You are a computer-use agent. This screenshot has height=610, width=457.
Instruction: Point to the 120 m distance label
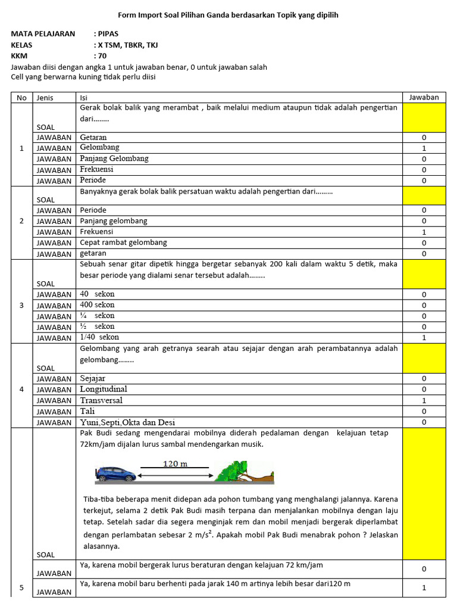(x=175, y=463)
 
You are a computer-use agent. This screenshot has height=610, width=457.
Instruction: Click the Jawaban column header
(x=424, y=97)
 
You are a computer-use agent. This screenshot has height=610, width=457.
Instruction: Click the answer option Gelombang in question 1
(x=100, y=148)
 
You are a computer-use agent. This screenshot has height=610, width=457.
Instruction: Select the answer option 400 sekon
(x=97, y=305)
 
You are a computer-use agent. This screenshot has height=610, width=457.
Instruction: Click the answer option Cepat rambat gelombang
(x=124, y=242)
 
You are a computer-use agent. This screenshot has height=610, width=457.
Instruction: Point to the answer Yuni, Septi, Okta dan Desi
(x=127, y=422)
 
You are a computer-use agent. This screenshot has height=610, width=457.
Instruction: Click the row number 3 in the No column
(x=22, y=306)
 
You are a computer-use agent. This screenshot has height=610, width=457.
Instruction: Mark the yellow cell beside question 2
(x=424, y=195)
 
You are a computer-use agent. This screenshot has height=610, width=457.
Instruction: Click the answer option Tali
(x=87, y=411)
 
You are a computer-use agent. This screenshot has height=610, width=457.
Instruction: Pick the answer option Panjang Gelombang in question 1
(x=114, y=158)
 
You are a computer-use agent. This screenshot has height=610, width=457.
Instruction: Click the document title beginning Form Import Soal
(x=228, y=15)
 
